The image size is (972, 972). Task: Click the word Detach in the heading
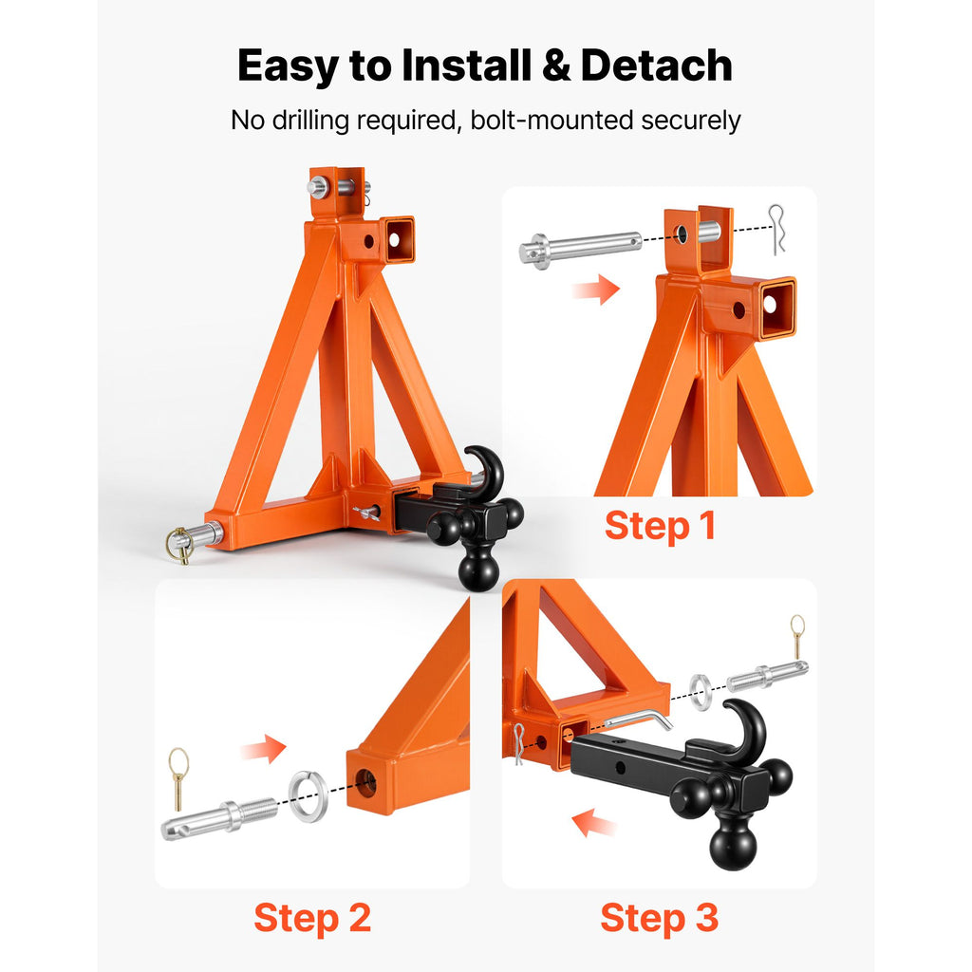point(657,65)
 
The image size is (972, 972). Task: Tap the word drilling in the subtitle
point(311,121)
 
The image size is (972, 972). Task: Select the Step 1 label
point(661,526)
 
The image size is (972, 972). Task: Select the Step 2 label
point(312,918)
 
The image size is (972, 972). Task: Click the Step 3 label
point(660,918)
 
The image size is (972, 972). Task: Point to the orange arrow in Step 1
point(596,289)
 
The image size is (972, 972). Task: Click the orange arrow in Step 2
point(264,749)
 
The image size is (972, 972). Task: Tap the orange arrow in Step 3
point(594,823)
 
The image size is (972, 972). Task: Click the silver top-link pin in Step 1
point(580,247)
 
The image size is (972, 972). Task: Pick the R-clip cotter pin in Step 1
point(776,229)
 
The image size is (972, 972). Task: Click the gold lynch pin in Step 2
point(178,777)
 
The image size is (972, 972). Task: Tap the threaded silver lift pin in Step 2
point(219,818)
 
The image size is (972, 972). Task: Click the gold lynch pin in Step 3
point(797,636)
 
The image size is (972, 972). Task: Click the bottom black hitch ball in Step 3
point(734,843)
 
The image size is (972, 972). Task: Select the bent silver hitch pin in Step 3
point(639,720)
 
